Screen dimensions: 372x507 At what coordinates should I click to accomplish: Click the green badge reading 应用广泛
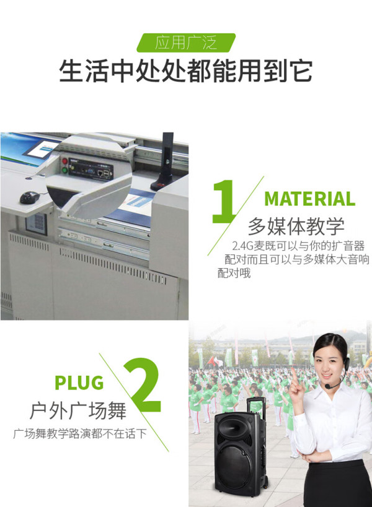click(186, 42)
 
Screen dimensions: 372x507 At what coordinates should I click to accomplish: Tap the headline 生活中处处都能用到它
click(186, 71)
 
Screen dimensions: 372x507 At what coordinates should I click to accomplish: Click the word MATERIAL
click(310, 199)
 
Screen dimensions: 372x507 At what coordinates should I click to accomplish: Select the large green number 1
click(224, 201)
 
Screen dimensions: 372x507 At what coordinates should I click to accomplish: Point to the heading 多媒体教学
click(296, 227)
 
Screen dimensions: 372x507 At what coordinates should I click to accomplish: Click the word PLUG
click(79, 383)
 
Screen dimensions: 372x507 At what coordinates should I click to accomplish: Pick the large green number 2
click(143, 385)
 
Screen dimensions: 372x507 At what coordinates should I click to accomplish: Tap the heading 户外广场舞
click(78, 411)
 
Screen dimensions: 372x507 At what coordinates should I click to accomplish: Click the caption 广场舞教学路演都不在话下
click(79, 433)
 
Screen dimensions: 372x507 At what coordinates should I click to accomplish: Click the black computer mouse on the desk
click(30, 197)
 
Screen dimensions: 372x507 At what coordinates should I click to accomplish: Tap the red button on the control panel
click(64, 161)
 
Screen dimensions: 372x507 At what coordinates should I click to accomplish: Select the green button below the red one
click(64, 170)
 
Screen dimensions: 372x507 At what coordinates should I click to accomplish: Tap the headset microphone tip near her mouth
click(327, 386)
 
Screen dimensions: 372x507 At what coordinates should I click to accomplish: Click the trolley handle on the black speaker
click(257, 407)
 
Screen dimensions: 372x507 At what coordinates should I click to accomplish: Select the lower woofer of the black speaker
click(235, 465)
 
